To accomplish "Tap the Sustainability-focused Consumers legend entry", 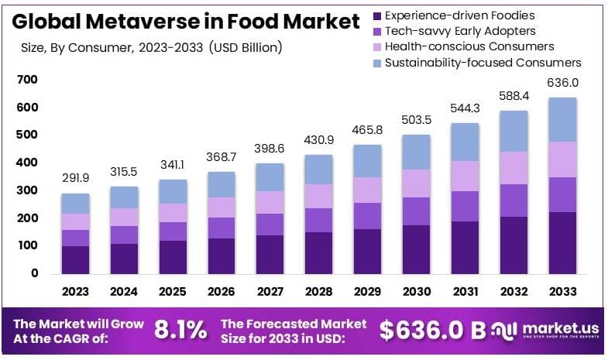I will pyautogui.click(x=483, y=62).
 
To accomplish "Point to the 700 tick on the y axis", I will pyautogui.click(x=27, y=80).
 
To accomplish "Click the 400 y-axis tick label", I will pyautogui.click(x=27, y=163).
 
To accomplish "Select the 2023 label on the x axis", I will pyautogui.click(x=76, y=291).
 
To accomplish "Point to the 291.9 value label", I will pyautogui.click(x=76, y=178).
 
